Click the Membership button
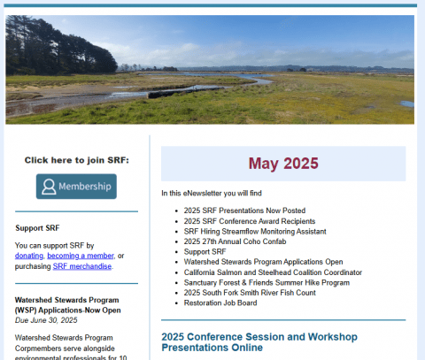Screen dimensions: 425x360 [x=76, y=187]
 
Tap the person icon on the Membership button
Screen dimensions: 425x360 [x=49, y=187]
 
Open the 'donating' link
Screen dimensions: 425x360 [x=29, y=256]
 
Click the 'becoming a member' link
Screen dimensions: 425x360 [x=81, y=256]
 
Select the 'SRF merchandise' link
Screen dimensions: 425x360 [x=82, y=266]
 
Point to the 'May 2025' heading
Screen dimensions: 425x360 [x=283, y=164]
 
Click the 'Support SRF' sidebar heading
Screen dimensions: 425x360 [x=37, y=228]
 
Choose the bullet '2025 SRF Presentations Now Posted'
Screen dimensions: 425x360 [x=244, y=211]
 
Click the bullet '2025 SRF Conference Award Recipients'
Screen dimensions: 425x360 [x=250, y=221]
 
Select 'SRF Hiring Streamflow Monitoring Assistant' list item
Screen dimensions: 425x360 [x=255, y=232]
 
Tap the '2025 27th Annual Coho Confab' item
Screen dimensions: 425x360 [x=235, y=241]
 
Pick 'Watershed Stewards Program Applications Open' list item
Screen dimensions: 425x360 [x=264, y=262]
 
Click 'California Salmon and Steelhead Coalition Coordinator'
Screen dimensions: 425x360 [x=273, y=272]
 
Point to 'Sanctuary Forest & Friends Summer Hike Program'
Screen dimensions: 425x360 [x=267, y=282]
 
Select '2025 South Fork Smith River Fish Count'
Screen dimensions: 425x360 [x=250, y=293]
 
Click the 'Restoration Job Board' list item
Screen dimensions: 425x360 [x=220, y=303]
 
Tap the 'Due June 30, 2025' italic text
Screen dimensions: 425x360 [x=46, y=320]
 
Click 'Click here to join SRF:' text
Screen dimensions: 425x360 [x=77, y=160]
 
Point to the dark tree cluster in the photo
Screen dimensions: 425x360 [x=59, y=47]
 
